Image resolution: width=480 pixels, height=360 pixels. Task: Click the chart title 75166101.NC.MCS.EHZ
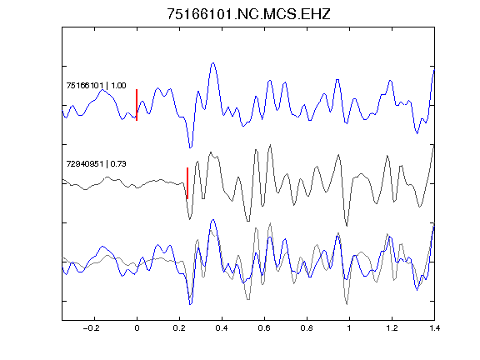(248, 14)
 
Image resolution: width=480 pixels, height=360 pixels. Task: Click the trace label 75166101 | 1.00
(96, 85)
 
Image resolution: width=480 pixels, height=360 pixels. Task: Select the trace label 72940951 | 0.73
(96, 164)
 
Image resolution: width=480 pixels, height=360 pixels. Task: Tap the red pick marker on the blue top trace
(137, 105)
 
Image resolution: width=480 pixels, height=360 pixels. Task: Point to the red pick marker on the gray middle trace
(187, 183)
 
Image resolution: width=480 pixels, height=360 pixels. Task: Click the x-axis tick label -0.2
(92, 328)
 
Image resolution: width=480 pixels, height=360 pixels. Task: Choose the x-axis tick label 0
(137, 328)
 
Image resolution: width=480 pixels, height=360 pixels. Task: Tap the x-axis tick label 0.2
(179, 328)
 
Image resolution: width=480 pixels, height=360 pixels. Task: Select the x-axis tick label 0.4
(222, 328)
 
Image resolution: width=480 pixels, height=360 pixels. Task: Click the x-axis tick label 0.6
(264, 328)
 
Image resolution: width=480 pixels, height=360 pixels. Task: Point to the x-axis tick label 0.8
(307, 328)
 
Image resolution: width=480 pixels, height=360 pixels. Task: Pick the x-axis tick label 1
(349, 328)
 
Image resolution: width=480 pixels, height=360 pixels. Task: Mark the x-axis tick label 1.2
(392, 328)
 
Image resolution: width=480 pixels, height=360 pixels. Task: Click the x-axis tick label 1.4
(434, 328)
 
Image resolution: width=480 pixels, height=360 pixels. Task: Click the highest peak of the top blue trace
(213, 63)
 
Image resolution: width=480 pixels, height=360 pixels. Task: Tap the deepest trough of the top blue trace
(190, 147)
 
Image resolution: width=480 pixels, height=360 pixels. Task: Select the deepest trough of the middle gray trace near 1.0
(347, 226)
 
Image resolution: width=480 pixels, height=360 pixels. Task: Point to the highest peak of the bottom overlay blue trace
(213, 220)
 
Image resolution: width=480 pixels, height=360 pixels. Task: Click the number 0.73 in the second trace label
(118, 164)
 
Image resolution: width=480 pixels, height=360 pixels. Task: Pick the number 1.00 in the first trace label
(118, 85)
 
